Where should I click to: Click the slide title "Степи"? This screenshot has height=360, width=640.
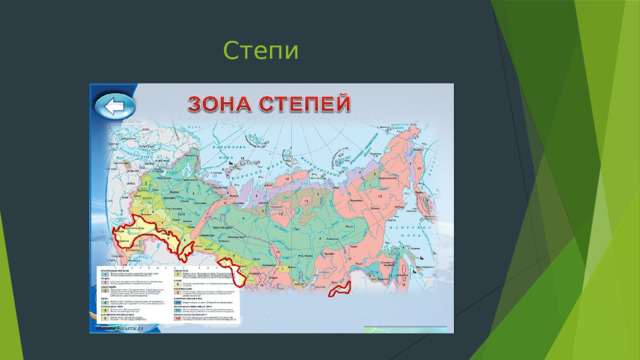[262, 50]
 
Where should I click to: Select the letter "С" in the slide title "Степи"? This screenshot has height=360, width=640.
[232, 50]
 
